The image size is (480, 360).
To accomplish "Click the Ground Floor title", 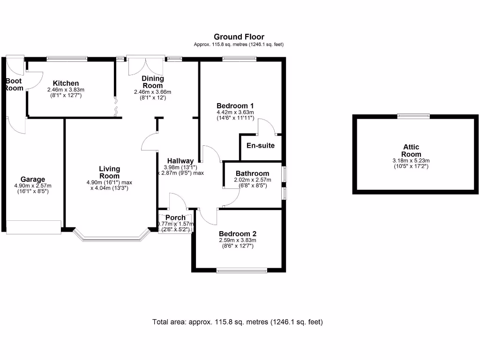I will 239,37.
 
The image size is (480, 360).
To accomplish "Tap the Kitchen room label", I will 65,83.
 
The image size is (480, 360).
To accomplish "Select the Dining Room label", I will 152,82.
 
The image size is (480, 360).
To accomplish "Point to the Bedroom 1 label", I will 235,105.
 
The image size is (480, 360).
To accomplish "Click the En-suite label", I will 260,145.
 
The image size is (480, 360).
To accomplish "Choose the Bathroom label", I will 252,173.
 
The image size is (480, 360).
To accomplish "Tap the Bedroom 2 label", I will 237,234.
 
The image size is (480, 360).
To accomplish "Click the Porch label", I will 175,217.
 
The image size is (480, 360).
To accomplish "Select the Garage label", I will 33,179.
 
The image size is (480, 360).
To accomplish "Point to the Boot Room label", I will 14,84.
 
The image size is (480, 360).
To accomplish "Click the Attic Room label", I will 411,150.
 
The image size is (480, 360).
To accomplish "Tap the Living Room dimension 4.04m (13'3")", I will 109,188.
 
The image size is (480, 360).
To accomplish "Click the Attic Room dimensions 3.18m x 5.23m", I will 411,161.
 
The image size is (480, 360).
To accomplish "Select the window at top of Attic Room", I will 413,116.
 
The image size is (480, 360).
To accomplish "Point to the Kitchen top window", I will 67,59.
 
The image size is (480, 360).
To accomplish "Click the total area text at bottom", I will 237,322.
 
